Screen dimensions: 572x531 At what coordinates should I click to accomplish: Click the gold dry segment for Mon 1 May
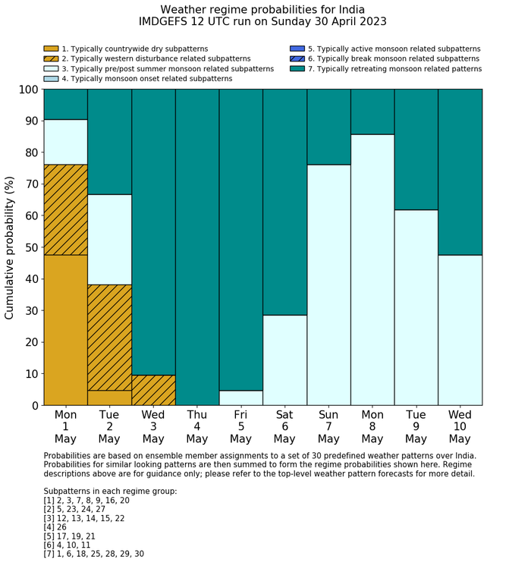point(65,330)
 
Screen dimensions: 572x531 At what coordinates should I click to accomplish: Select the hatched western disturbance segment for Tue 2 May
point(109,338)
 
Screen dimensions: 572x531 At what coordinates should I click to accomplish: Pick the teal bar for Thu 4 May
point(197,247)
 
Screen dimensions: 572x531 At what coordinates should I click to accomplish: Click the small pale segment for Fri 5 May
point(241,398)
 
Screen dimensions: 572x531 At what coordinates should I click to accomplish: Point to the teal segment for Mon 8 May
point(372,112)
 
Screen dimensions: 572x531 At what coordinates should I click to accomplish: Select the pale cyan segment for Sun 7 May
point(328,284)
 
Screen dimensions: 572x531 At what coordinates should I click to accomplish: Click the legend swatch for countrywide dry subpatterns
point(51,49)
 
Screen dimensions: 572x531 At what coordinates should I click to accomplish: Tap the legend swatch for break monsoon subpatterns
point(297,58)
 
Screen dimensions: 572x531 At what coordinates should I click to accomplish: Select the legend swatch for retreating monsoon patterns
point(297,68)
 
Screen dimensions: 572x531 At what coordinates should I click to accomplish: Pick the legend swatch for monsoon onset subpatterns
point(51,78)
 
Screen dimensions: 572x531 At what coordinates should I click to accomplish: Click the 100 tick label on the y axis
point(27,90)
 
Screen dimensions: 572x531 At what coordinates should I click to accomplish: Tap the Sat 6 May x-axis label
point(284,426)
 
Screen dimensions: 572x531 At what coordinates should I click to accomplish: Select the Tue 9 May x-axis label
point(416,426)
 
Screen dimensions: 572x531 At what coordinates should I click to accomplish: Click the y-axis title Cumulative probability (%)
point(10,247)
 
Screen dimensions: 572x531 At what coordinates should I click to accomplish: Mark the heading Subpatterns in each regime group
point(110,492)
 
